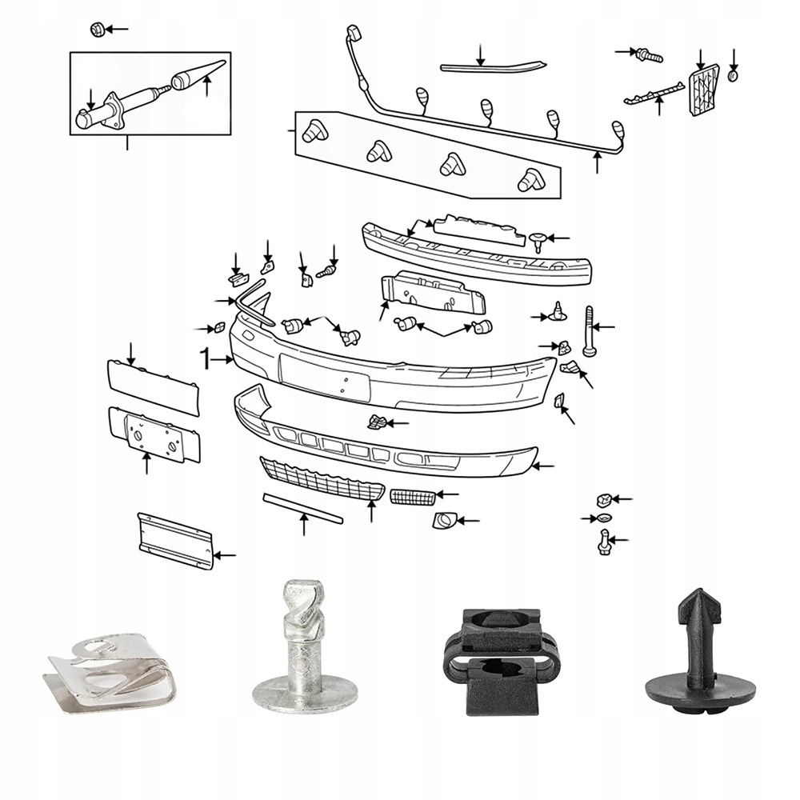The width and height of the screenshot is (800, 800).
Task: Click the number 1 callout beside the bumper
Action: point(206,358)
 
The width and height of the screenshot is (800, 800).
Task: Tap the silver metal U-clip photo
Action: point(109,670)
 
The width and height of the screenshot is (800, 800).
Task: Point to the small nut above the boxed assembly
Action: point(95,30)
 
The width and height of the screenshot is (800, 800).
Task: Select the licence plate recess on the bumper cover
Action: point(325,376)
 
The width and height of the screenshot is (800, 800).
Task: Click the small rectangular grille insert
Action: point(413,497)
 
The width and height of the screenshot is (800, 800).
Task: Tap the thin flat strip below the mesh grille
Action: point(303,508)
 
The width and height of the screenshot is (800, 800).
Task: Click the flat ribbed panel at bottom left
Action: point(175,541)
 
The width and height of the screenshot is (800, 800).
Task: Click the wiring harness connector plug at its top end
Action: point(353,34)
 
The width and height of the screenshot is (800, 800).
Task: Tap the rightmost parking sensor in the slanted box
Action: point(530,181)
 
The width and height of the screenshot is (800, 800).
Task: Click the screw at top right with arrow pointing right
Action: point(648,54)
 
